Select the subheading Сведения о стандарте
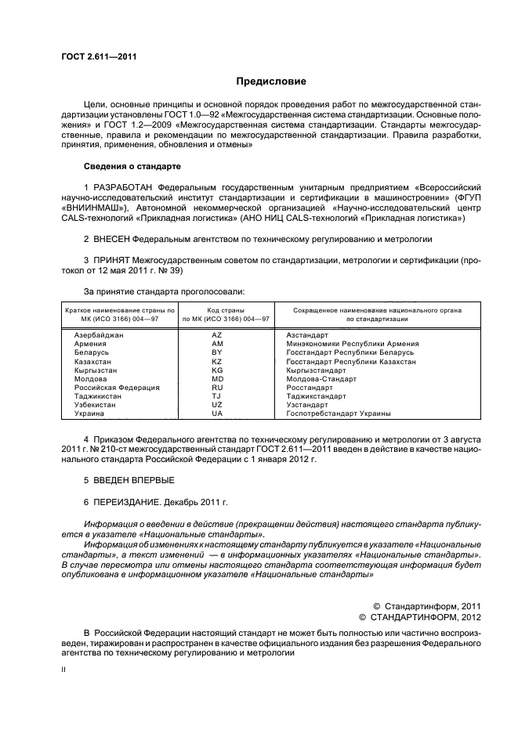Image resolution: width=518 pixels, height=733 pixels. tap(132, 167)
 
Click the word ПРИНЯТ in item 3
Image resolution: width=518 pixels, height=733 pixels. tap(110, 259)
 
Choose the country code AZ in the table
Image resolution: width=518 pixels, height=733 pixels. tap(217, 335)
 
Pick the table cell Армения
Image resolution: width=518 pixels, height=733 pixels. tap(91, 344)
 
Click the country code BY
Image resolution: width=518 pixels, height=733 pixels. tap(217, 352)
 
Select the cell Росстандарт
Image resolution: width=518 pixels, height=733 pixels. tap(310, 388)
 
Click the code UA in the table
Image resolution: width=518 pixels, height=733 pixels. tap(217, 413)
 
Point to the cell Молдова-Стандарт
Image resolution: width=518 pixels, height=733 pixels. tap(321, 379)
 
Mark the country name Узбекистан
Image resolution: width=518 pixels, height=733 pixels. tap(96, 405)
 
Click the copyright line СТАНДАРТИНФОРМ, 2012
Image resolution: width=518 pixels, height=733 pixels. tap(424, 616)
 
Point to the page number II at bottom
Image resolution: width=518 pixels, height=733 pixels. tap(64, 670)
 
